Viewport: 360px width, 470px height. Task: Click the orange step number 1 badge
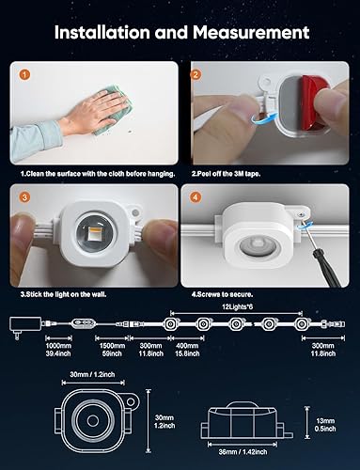[x=25, y=72]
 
